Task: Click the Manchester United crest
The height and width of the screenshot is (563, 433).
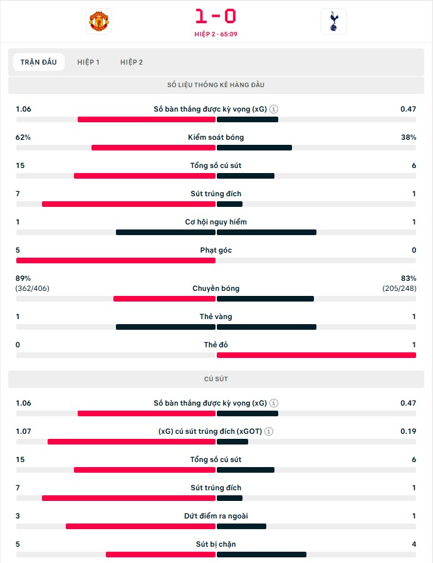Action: (x=98, y=21)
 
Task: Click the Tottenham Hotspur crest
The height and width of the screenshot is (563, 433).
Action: (x=333, y=21)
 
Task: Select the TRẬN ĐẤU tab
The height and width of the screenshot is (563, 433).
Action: (x=38, y=62)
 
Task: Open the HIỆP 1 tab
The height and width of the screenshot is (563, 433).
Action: (x=88, y=62)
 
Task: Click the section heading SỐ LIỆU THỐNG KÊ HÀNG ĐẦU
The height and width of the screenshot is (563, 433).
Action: (x=216, y=85)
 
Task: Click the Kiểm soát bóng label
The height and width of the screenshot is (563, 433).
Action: (x=216, y=137)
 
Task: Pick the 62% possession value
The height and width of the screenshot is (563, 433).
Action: (x=23, y=137)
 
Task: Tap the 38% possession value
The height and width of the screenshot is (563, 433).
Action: (x=409, y=137)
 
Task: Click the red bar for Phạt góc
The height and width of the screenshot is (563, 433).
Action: (x=116, y=260)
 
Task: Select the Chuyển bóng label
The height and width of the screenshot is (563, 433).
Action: (x=216, y=288)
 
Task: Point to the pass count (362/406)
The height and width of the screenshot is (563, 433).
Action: (x=33, y=288)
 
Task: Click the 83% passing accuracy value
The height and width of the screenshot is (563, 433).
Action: (x=408, y=278)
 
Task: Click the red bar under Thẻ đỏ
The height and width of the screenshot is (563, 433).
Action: (x=316, y=355)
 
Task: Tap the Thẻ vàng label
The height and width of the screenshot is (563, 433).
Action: (x=216, y=317)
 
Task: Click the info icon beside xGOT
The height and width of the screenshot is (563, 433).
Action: (x=268, y=431)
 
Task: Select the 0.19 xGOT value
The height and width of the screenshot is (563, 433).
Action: (x=408, y=431)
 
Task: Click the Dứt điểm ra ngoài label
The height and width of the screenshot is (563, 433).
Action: (x=216, y=516)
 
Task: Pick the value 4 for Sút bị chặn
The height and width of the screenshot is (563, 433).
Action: (x=414, y=544)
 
